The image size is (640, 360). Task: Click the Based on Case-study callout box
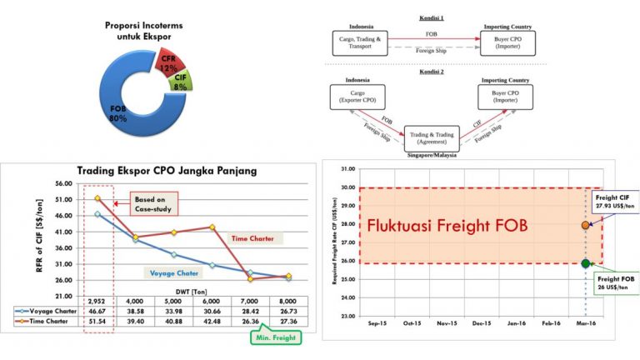coord(152,202)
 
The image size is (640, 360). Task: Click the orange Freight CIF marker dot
coord(585,225)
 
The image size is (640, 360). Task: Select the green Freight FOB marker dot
coord(585,263)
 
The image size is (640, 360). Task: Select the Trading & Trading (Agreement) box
coord(432,137)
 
